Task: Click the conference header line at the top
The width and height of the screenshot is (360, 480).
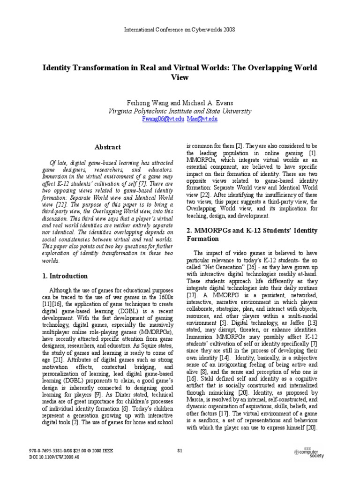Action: tap(180, 29)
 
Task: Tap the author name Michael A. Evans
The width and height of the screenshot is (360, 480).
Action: tap(206, 102)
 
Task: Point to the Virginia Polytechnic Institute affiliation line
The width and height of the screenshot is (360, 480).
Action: tap(180, 111)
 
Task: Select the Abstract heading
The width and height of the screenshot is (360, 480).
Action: tap(108, 147)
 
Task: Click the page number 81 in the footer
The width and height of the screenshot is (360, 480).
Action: tap(180, 450)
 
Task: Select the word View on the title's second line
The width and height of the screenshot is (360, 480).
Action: tap(180, 77)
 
